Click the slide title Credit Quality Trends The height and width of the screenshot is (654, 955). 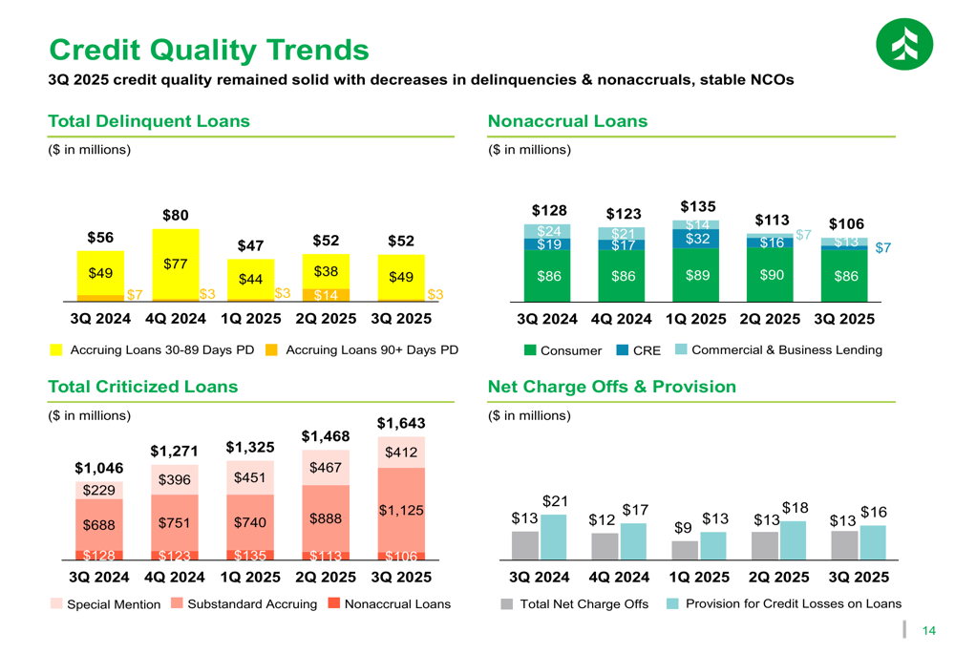click(x=208, y=49)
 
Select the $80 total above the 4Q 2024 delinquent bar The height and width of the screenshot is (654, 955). click(x=175, y=216)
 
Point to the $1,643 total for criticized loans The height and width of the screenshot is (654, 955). click(x=400, y=422)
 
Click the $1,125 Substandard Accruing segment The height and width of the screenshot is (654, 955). click(x=400, y=511)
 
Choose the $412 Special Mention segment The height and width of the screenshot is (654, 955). click(x=400, y=452)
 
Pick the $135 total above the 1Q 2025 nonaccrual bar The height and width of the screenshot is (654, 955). click(x=698, y=205)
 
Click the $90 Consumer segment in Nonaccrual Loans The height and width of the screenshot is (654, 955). click(x=771, y=275)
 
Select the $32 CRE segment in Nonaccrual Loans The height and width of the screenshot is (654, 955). click(x=698, y=239)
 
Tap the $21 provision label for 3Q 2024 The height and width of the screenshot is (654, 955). click(x=555, y=500)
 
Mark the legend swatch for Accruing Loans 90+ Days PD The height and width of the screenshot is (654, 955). click(x=271, y=350)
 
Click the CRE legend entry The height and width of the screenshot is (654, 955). click(x=639, y=350)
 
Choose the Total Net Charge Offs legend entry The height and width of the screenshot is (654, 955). click(x=574, y=603)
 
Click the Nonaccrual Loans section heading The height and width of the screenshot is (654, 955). click(x=567, y=121)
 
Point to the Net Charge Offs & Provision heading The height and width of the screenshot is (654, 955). click(x=611, y=387)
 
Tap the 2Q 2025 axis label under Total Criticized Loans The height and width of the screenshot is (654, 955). click(x=325, y=577)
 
